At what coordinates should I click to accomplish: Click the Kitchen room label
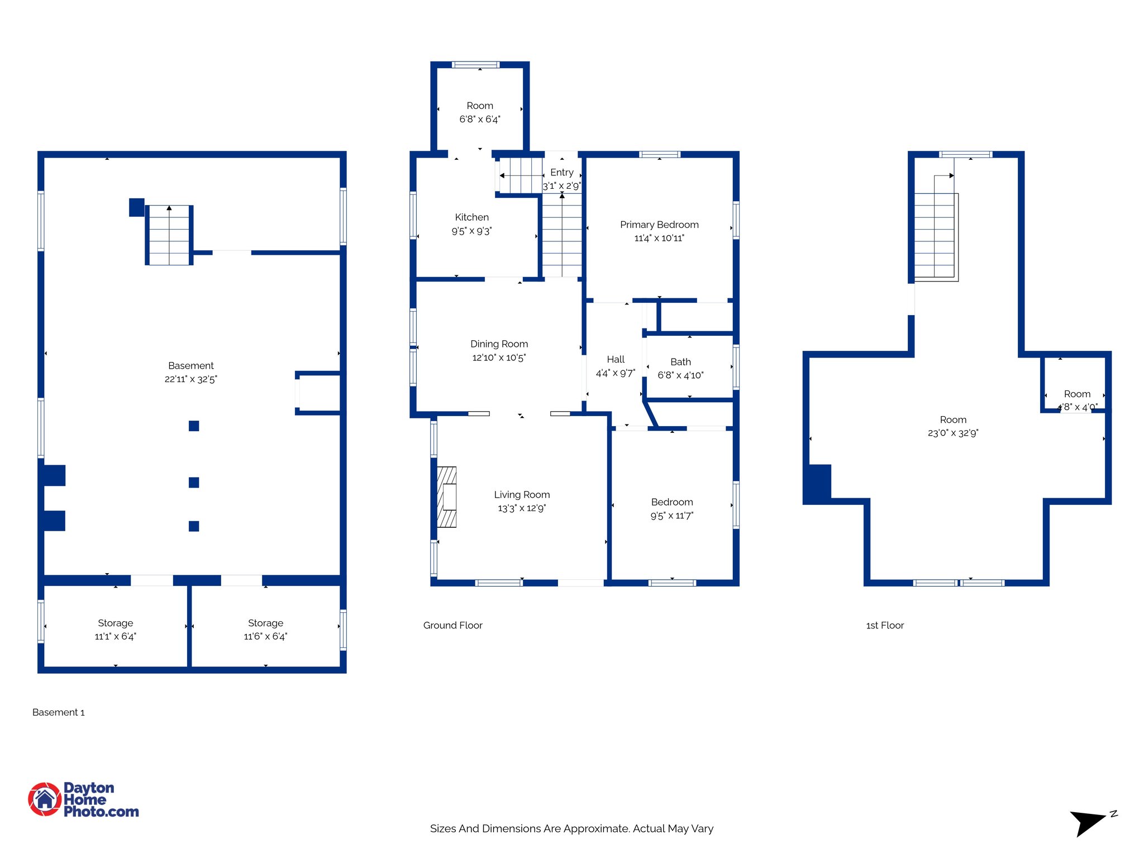[x=471, y=217]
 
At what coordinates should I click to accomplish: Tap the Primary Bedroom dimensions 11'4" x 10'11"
[x=659, y=238]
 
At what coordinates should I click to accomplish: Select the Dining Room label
[x=499, y=344]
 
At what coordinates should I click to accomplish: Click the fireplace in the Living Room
[x=447, y=497]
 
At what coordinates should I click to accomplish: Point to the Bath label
[x=680, y=362]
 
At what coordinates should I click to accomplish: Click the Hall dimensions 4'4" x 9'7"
[x=615, y=373]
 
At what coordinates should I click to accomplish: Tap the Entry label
[x=561, y=173]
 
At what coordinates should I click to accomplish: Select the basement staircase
[x=169, y=235]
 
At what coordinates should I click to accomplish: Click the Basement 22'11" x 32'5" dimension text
[x=190, y=379]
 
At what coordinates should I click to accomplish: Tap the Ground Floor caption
[x=452, y=625]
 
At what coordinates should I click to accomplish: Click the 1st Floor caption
[x=884, y=625]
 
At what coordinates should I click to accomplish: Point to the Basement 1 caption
[x=58, y=712]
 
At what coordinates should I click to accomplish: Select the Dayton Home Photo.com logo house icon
[x=45, y=799]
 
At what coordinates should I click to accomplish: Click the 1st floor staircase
[x=935, y=235]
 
